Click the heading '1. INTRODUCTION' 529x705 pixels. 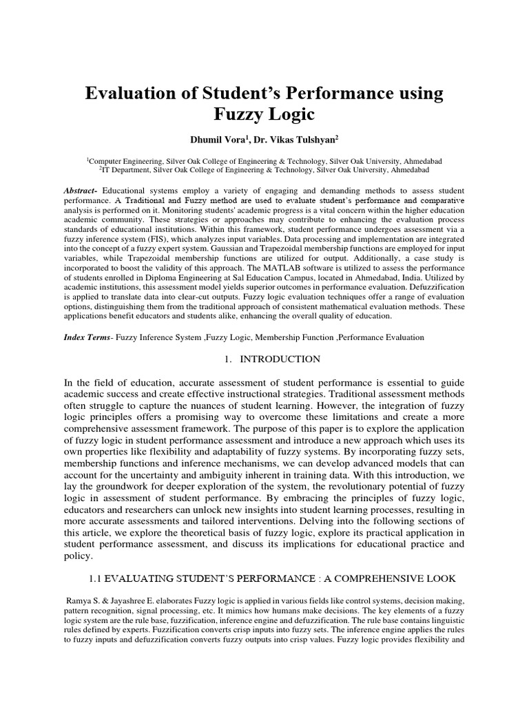point(264,359)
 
